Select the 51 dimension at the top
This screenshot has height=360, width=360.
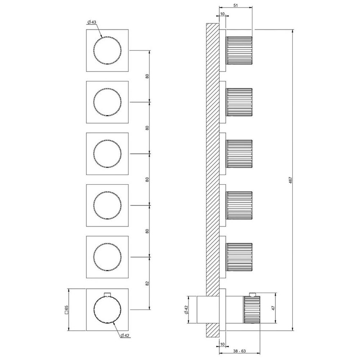click(x=235, y=5)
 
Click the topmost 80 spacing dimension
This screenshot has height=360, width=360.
click(x=147, y=76)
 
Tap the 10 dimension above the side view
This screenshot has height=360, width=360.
click(x=223, y=14)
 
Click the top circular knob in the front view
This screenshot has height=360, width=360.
click(x=107, y=50)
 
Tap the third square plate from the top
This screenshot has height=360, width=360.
click(x=107, y=154)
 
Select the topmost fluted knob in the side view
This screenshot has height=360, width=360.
click(x=240, y=50)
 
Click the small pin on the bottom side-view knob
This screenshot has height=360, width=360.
click(x=253, y=294)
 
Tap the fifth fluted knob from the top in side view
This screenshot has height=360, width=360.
click(x=240, y=257)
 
